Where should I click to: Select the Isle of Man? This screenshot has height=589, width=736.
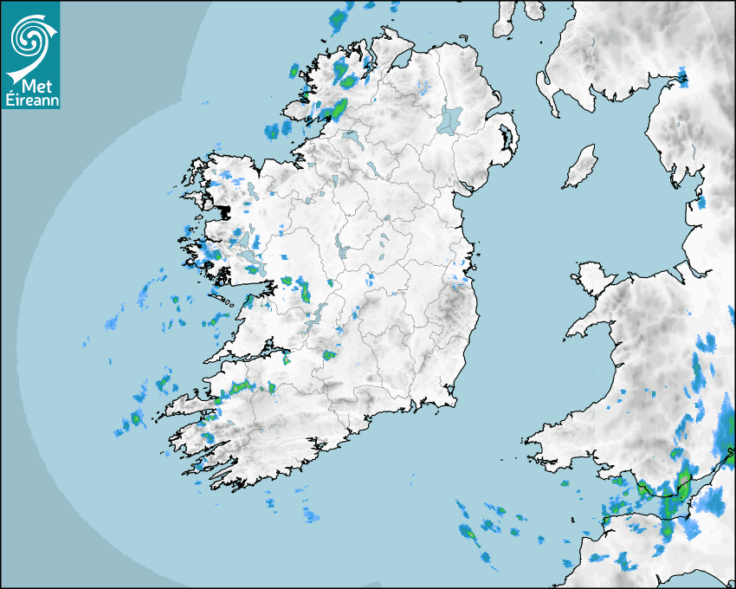point(580,167)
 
